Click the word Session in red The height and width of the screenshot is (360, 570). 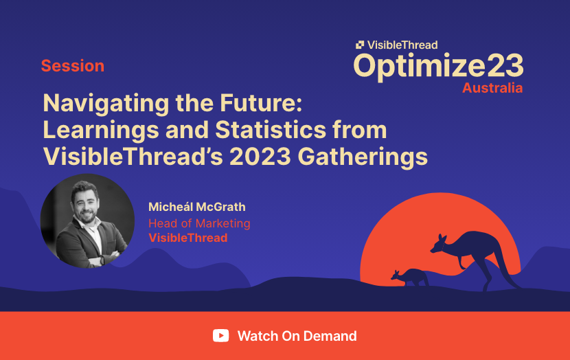coord(73,66)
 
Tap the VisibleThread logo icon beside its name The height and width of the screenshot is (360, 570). coord(360,45)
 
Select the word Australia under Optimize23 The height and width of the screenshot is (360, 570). coord(492,88)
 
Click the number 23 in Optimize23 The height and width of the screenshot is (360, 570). coord(505,66)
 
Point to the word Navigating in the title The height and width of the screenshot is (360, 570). coord(106,104)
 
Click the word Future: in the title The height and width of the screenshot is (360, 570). coord(261,103)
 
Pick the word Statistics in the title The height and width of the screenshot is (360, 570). coord(271,130)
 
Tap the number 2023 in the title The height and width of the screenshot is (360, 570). coord(260,157)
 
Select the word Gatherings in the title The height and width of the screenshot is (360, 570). coord(363,158)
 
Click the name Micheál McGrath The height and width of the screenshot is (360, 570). coord(196,207)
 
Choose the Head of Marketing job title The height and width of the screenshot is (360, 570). coord(199,223)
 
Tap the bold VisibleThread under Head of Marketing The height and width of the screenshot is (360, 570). coord(188,238)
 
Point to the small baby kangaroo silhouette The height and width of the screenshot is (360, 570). coord(410,278)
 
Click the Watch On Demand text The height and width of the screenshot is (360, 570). coord(297,336)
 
